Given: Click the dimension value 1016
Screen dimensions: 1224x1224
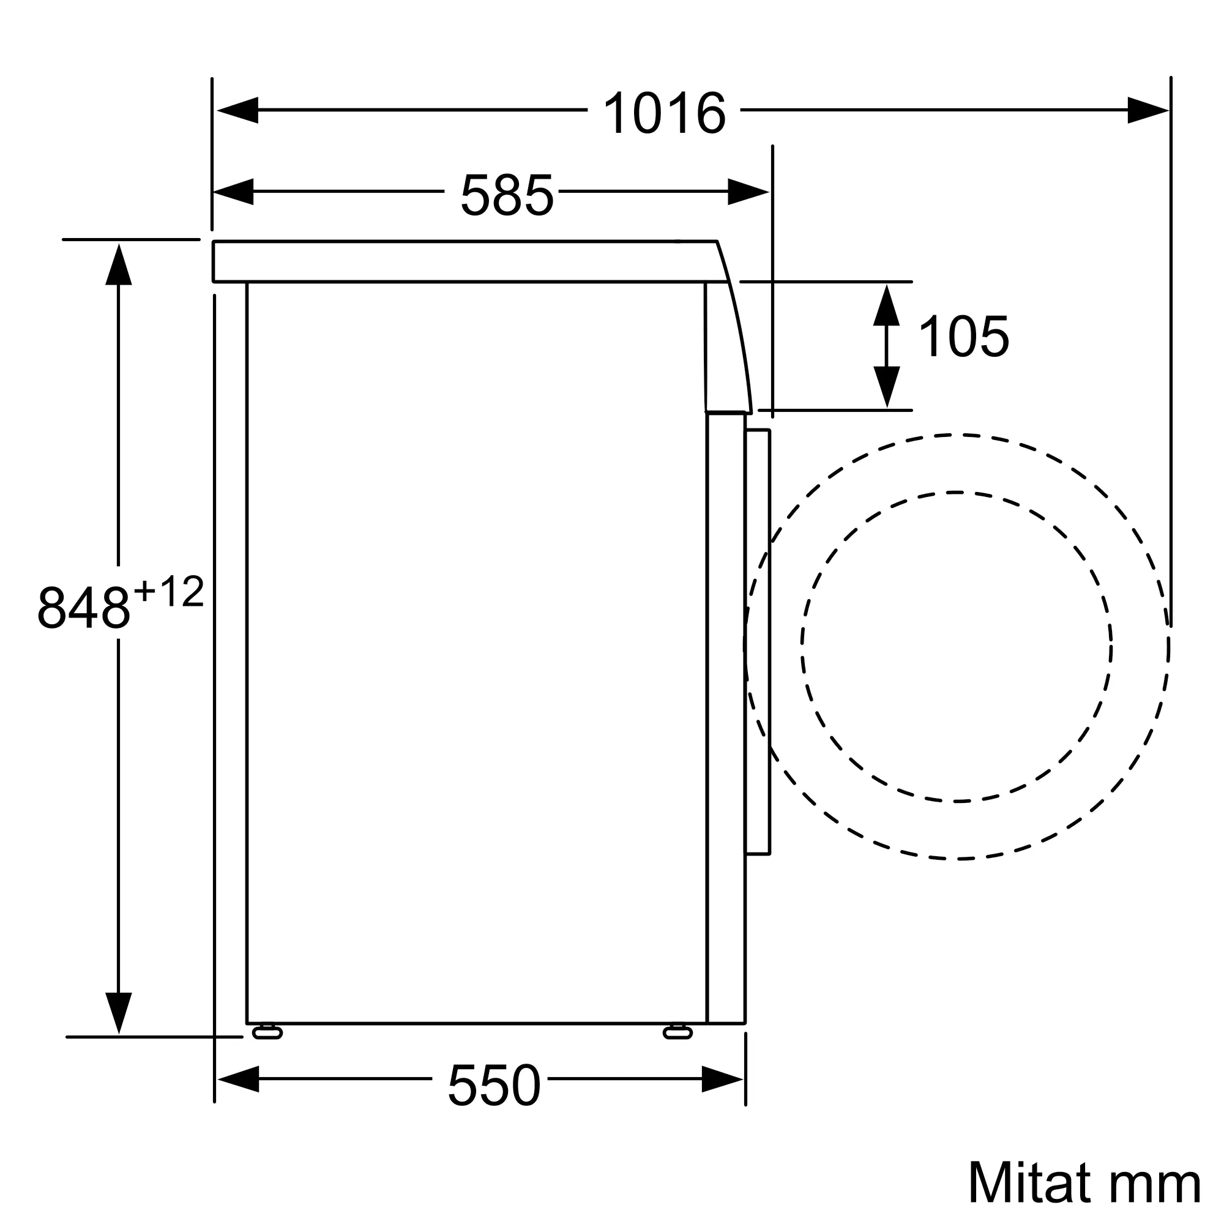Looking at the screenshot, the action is (x=664, y=113).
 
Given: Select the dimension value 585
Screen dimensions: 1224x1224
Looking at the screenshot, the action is (x=507, y=195).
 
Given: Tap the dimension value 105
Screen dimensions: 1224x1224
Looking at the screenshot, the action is (x=963, y=337).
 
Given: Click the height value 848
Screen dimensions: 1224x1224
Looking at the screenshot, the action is (x=84, y=608).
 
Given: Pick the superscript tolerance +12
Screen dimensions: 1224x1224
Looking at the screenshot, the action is (x=169, y=592).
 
